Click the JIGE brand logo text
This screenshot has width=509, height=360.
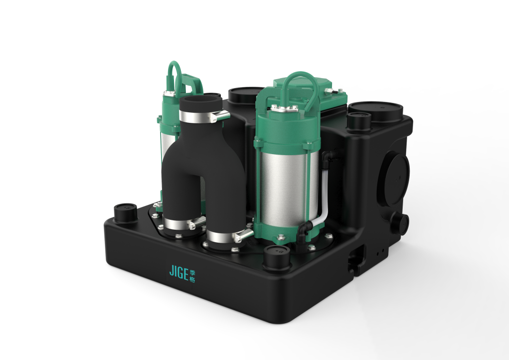[x=179, y=272]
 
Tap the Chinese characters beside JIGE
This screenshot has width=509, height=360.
[x=192, y=276]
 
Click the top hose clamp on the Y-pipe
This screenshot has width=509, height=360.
[x=204, y=116]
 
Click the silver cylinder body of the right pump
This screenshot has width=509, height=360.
[x=289, y=189]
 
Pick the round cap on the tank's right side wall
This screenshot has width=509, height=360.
[x=394, y=179]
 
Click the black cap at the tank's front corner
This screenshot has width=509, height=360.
[x=277, y=258]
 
